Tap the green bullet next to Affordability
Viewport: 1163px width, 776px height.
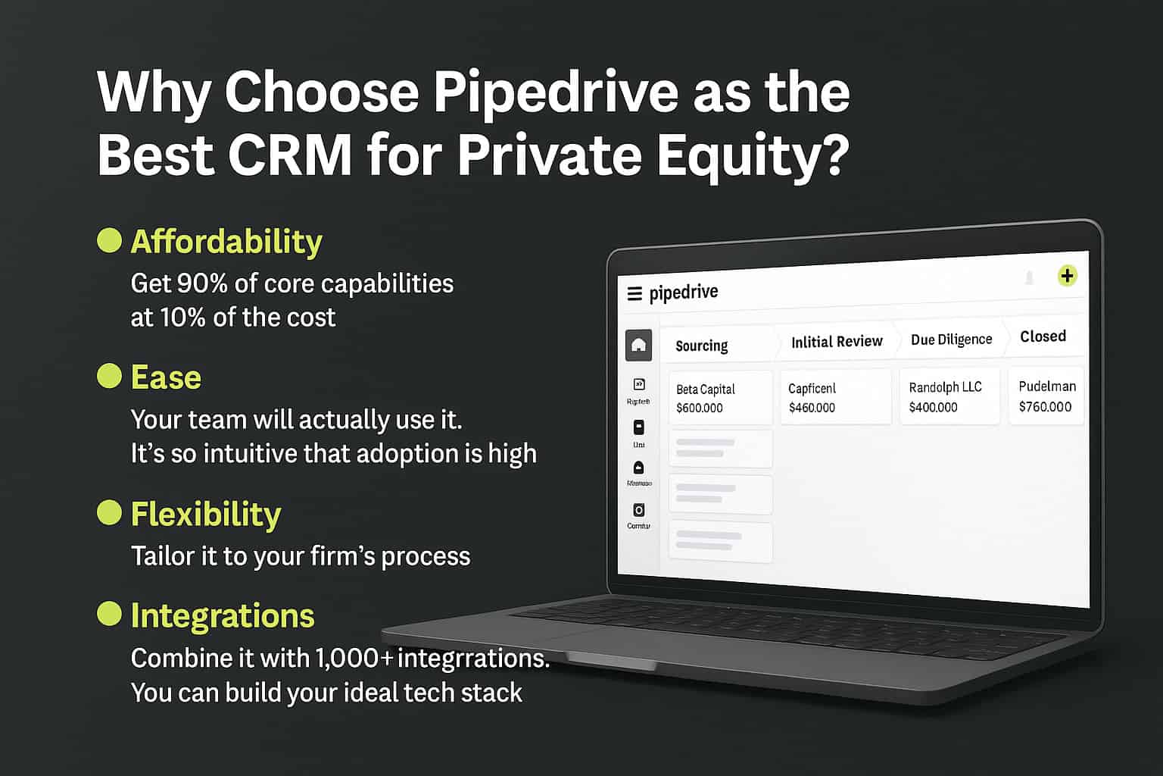(x=110, y=240)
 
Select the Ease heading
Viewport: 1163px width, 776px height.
(x=166, y=377)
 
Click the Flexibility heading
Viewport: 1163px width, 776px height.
(x=205, y=514)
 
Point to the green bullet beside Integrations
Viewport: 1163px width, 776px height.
(x=110, y=614)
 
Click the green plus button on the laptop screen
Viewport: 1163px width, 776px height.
(x=1067, y=276)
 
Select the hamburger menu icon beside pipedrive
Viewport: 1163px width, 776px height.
(x=635, y=294)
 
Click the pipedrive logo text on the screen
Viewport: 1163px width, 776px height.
(x=683, y=293)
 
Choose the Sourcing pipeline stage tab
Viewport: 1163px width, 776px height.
(x=701, y=346)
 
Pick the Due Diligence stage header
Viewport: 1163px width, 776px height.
(x=951, y=339)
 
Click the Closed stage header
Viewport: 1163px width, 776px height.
(x=1043, y=336)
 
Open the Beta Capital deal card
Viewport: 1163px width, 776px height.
(x=719, y=398)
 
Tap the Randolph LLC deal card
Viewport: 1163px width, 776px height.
(x=949, y=396)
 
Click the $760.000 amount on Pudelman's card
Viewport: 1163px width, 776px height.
(x=1045, y=407)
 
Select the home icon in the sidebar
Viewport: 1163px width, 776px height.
(x=638, y=346)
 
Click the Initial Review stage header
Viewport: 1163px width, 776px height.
(x=837, y=342)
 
